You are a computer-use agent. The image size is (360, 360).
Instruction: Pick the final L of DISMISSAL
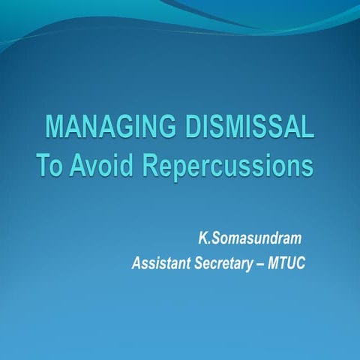(307, 128)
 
